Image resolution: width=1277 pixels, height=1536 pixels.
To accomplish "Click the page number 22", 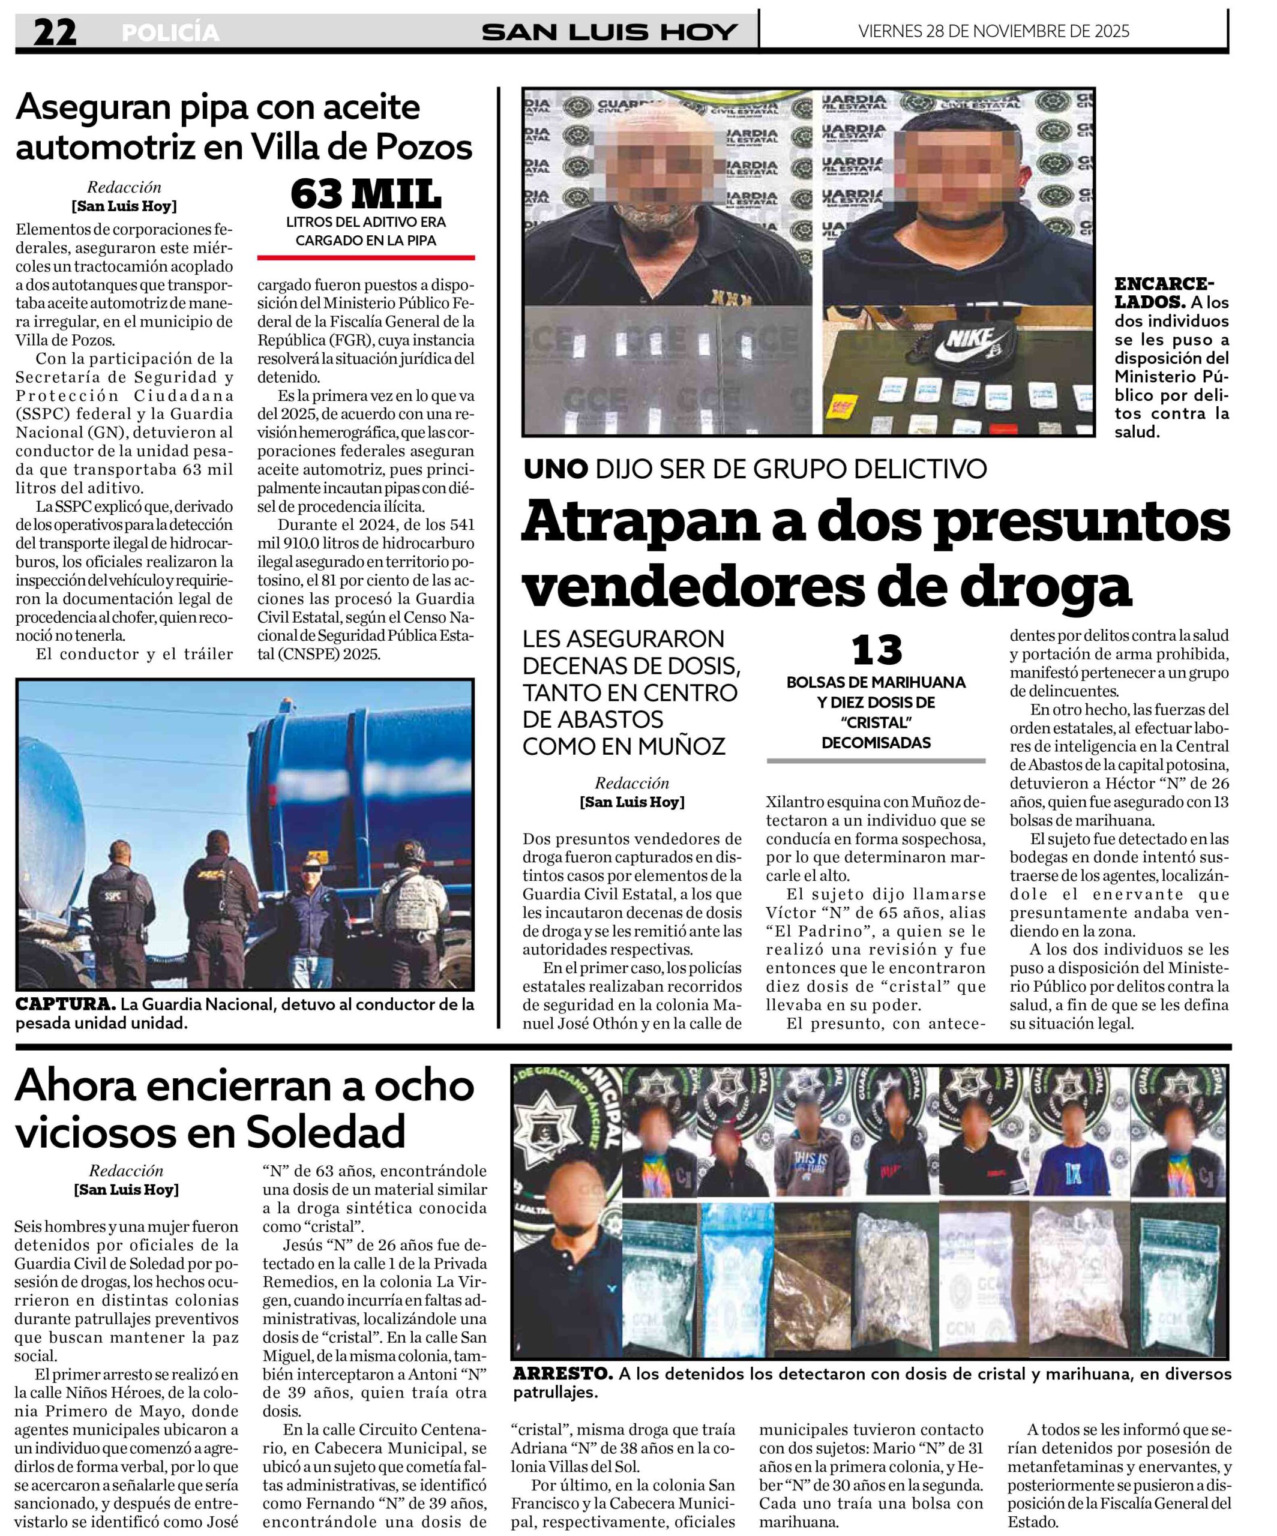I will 55,32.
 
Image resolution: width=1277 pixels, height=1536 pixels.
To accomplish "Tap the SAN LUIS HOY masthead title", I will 609,32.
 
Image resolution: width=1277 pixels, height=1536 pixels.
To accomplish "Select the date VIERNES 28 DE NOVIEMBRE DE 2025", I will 993,31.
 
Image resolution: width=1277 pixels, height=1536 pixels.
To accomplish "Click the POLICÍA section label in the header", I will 170,33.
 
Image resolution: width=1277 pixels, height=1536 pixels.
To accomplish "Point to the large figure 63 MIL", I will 365,194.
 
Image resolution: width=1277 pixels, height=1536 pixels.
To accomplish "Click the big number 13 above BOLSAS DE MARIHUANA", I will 876,650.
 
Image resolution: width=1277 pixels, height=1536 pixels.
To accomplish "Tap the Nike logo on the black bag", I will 970,343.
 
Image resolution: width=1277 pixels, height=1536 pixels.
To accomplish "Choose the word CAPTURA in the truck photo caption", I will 65,1004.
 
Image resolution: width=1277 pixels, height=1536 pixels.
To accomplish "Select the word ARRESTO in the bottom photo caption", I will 562,1373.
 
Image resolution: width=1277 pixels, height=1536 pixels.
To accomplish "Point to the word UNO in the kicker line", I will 556,469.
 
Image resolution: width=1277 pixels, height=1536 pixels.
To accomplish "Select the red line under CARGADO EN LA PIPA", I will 365,257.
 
